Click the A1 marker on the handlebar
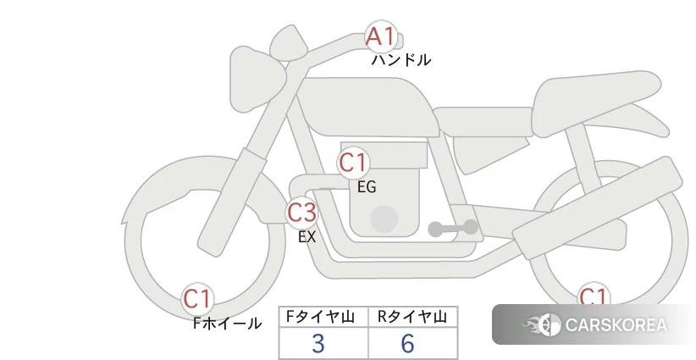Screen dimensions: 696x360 (381, 36)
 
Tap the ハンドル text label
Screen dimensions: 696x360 (400, 59)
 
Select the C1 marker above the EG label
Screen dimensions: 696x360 (353, 163)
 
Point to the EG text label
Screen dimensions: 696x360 (367, 187)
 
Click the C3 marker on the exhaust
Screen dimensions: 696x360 (301, 212)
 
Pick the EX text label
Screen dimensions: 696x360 (307, 236)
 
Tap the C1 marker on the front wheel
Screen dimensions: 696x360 (197, 299)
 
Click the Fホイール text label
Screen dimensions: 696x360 (227, 323)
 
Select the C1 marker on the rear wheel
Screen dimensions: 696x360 (593, 294)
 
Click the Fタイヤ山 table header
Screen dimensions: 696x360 (320, 317)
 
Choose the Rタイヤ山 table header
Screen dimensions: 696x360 (412, 317)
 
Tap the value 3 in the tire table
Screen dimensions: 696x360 (318, 343)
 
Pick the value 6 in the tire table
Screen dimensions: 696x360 (407, 343)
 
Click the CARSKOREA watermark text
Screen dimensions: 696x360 (616, 325)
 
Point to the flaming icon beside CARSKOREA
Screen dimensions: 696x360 (542, 325)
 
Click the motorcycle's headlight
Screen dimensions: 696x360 (257, 80)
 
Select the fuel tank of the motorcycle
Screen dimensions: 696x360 (366, 107)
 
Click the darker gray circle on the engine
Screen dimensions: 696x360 (384, 219)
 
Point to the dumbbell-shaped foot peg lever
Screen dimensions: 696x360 (453, 228)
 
